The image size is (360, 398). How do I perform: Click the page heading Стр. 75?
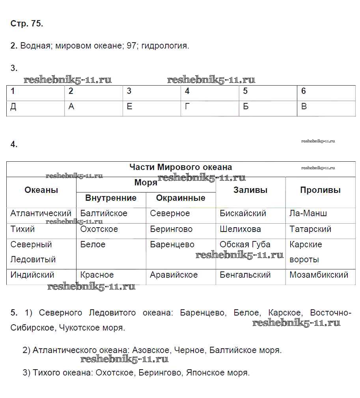click(27, 24)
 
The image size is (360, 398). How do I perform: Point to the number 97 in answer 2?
click(131, 46)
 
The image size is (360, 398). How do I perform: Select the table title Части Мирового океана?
click(181, 167)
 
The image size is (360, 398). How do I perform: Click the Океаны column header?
click(41, 190)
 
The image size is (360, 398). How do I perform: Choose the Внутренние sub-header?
click(111, 198)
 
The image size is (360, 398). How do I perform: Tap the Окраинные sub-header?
click(181, 198)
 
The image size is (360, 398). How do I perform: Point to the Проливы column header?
click(320, 190)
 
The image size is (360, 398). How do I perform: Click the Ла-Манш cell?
click(308, 213)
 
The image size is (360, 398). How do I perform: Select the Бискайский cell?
click(243, 213)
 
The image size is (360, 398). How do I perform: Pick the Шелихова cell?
click(240, 229)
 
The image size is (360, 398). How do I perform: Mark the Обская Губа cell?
click(245, 245)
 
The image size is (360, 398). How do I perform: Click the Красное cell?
click(97, 275)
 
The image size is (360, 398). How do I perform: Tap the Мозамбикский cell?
click(319, 275)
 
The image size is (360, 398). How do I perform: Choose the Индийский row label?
click(32, 275)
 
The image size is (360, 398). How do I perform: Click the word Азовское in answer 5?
click(149, 350)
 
